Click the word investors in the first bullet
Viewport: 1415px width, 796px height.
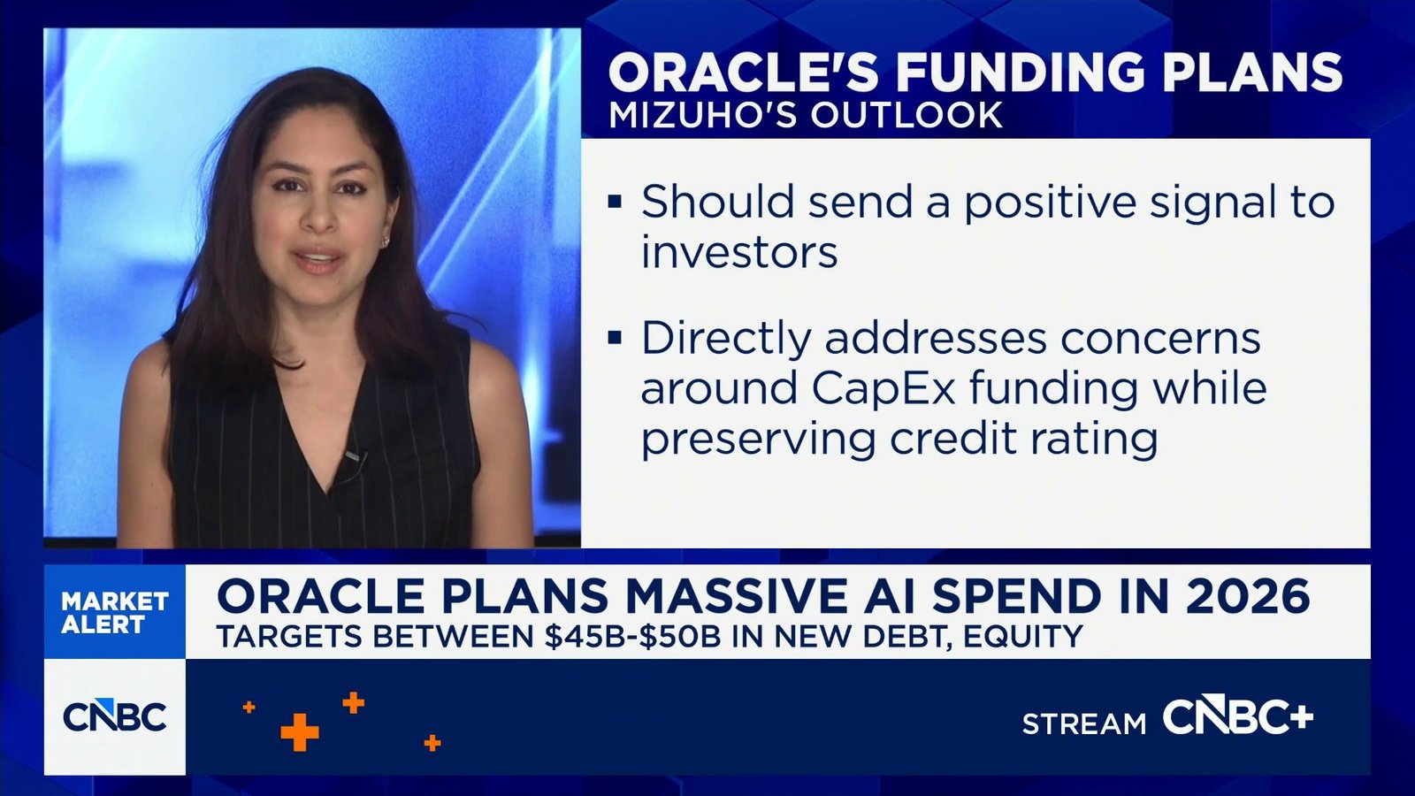739,253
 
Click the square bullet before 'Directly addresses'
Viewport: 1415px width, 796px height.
616,338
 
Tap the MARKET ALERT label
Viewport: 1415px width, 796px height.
114,612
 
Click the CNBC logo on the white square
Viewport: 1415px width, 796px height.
115,716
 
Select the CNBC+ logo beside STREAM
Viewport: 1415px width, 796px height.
1237,717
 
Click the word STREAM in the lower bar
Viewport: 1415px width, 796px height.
1083,724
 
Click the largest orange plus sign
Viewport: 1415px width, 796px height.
300,731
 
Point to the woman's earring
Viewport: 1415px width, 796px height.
386,240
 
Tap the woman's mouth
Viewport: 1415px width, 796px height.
317,260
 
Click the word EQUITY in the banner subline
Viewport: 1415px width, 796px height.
1023,637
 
